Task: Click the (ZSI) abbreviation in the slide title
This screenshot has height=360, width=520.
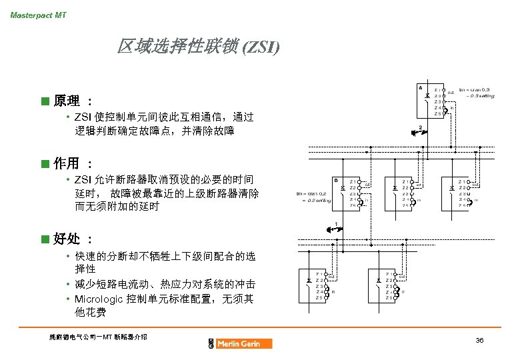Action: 262,47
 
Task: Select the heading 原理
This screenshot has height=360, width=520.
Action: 66,101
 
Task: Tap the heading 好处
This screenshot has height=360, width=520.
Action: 66,239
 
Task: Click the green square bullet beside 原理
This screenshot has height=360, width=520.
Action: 45,101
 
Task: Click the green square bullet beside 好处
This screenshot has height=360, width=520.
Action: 45,239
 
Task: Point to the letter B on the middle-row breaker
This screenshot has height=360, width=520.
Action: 336,180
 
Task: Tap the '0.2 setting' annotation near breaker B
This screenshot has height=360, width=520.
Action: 316,200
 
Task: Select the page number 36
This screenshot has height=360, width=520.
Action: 479,340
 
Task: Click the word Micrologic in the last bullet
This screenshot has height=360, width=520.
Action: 100,299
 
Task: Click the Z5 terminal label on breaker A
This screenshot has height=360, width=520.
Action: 437,114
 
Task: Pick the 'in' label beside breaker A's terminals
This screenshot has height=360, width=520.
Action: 452,107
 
